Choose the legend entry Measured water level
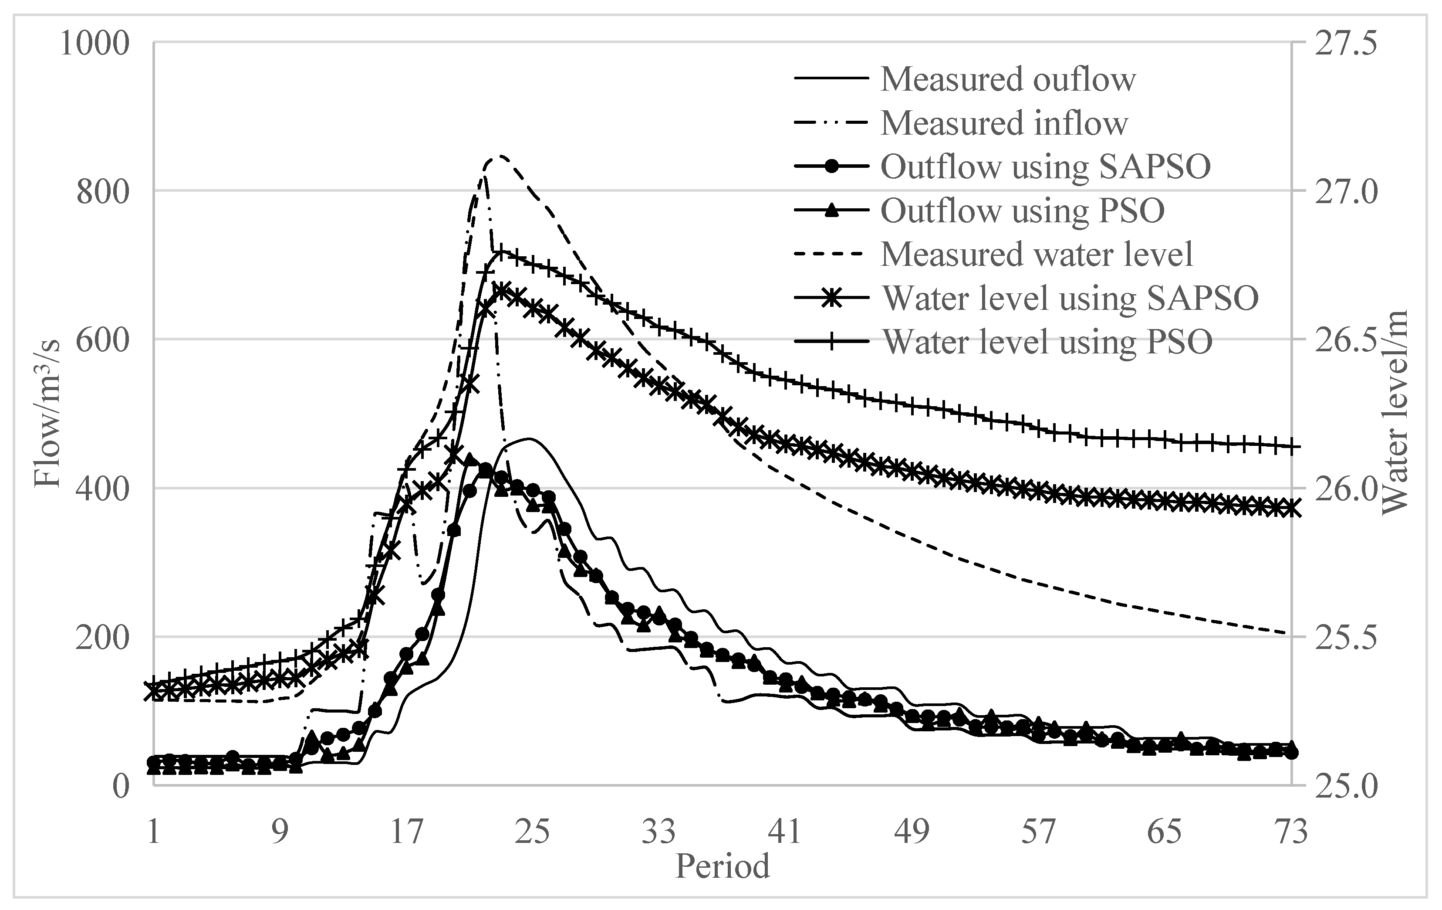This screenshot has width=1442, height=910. point(1037,254)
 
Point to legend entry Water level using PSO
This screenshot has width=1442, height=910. point(1047,342)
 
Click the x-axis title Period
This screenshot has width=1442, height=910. point(722,866)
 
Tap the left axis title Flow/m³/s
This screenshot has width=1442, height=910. point(48,413)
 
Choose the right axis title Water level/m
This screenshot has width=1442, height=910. point(1395,413)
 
